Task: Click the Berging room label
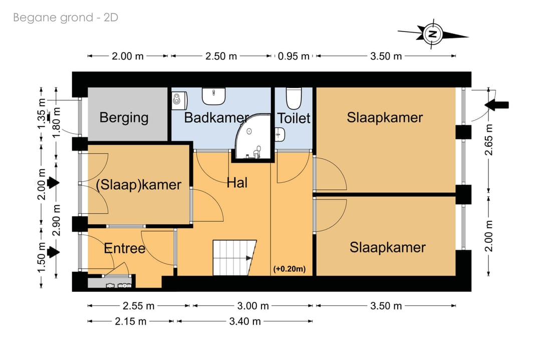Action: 124,118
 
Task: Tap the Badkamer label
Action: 216,118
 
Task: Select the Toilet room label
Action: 294,118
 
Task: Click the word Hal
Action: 237,183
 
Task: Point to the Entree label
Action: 124,248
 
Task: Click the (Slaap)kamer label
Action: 138,184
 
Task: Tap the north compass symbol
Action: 432,34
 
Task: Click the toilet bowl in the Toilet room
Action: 294,97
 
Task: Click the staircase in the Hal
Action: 234,256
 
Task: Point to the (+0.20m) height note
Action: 290,269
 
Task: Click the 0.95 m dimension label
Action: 294,56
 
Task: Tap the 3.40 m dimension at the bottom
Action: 244,321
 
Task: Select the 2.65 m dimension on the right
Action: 489,140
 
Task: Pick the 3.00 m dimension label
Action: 252,306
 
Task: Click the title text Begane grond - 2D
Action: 66,18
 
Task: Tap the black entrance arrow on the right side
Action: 497,105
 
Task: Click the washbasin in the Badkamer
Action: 214,95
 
